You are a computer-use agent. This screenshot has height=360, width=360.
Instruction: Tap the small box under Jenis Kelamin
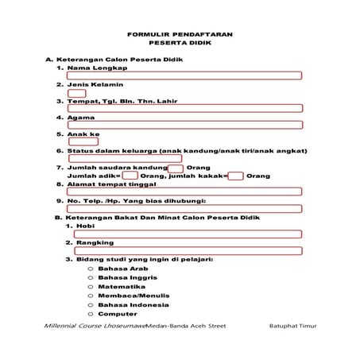coord(77,93)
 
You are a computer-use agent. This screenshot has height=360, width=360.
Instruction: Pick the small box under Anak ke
coord(83,142)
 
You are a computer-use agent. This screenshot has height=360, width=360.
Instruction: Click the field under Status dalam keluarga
coord(126,158)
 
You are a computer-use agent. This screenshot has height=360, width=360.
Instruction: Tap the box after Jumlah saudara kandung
coord(176,168)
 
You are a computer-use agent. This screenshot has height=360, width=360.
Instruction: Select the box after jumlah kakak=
coord(235,176)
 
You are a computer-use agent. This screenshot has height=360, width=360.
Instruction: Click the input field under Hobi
coord(188,234)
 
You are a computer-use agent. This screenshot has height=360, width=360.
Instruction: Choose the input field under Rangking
coord(188,250)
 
